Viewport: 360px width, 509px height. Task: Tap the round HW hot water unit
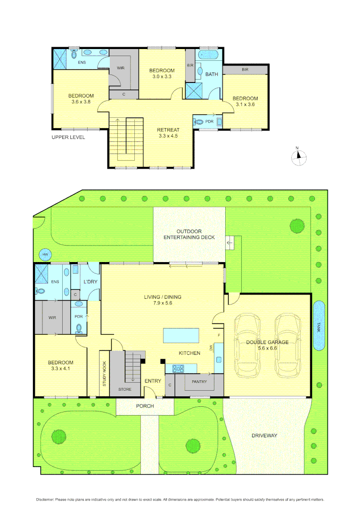click(45, 255)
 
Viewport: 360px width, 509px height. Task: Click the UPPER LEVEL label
click(68, 137)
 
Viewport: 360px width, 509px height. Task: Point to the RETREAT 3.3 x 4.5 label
click(168, 134)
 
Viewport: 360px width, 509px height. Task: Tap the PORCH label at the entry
click(145, 406)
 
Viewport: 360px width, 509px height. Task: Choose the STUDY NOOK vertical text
click(105, 374)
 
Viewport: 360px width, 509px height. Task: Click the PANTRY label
click(199, 382)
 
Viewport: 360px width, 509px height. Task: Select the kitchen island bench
click(181, 336)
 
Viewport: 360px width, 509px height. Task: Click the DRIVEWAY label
click(264, 435)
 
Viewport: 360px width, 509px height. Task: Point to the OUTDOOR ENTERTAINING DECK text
click(189, 234)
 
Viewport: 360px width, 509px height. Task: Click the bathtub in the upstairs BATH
click(207, 55)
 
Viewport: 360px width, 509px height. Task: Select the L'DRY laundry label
click(90, 281)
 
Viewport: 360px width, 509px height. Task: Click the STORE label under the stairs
click(125, 389)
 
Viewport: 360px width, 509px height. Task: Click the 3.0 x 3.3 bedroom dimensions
click(163, 76)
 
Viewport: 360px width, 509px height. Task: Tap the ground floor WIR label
click(52, 318)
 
